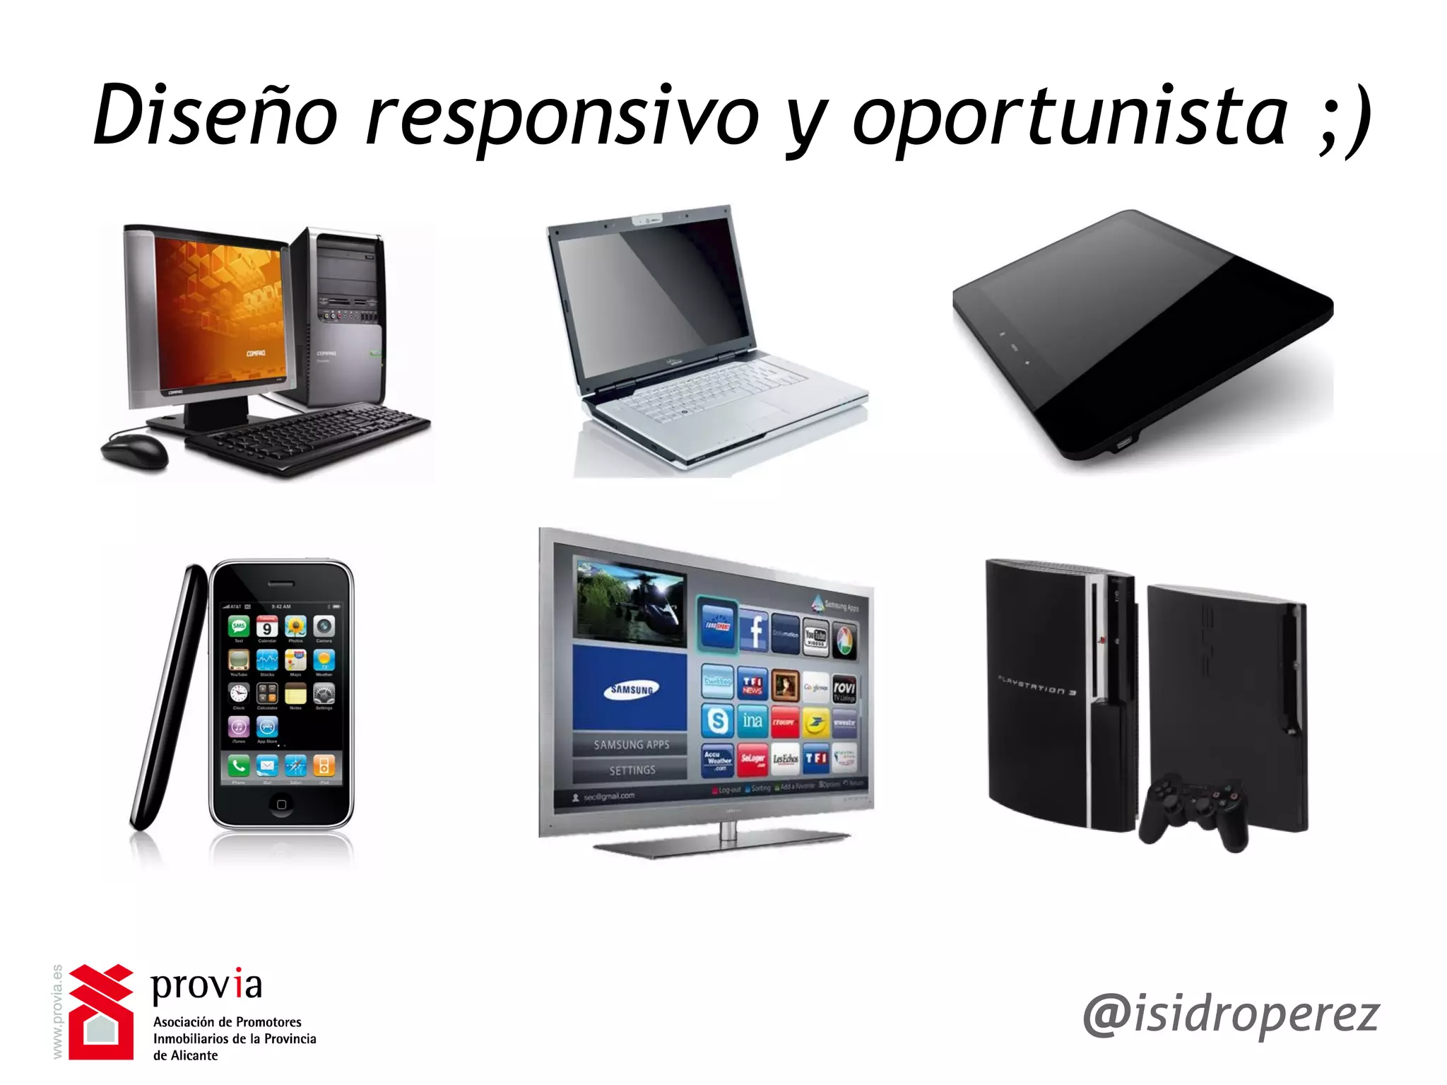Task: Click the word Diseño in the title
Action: tap(215, 117)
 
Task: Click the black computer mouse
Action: tap(134, 450)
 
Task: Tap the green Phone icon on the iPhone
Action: tap(239, 765)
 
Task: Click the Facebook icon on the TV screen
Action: tap(754, 631)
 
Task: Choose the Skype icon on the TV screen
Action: tap(717, 720)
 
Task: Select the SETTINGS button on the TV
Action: tap(632, 770)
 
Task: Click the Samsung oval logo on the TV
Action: tap(631, 689)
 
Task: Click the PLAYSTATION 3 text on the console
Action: tap(1036, 686)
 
